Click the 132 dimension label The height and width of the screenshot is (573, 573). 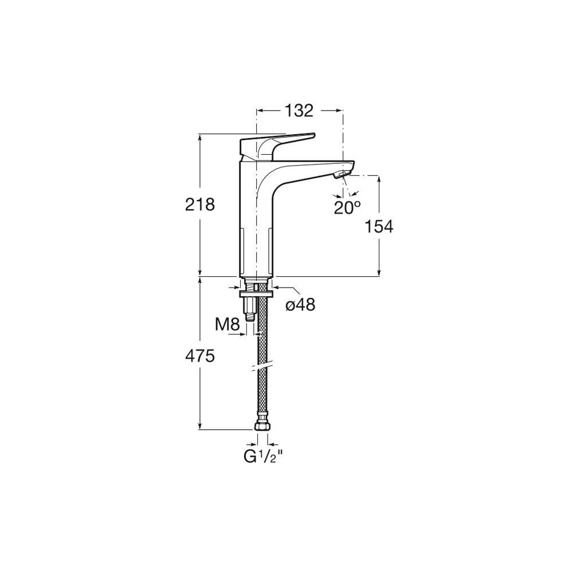pyautogui.click(x=299, y=111)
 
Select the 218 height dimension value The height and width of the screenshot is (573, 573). pyautogui.click(x=200, y=205)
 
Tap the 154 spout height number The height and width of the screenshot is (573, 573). pyautogui.click(x=379, y=226)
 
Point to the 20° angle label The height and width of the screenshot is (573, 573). pyautogui.click(x=347, y=207)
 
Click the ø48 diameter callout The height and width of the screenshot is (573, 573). pyautogui.click(x=300, y=304)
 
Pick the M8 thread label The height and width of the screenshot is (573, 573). pyautogui.click(x=227, y=324)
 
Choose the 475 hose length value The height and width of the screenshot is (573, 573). pyautogui.click(x=200, y=356)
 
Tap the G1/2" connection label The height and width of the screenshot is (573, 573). pyautogui.click(x=263, y=457)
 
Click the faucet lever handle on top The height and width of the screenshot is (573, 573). pyautogui.click(x=277, y=146)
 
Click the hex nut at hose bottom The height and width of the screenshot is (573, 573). pyautogui.click(x=263, y=426)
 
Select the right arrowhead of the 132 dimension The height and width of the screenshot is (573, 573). pyautogui.click(x=339, y=111)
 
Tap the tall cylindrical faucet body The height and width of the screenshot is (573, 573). pyautogui.click(x=256, y=223)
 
